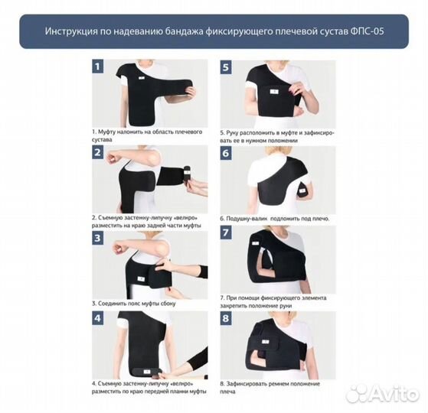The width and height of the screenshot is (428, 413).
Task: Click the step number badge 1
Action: (98, 67)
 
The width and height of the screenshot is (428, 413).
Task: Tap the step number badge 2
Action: (98, 152)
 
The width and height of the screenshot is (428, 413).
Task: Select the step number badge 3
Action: (98, 238)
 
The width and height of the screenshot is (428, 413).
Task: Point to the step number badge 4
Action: (98, 318)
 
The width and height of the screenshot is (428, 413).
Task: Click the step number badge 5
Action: (226, 67)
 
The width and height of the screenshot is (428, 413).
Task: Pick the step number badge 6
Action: (226, 153)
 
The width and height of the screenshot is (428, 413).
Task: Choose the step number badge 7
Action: (226, 233)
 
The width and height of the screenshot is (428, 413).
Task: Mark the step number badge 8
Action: (226, 318)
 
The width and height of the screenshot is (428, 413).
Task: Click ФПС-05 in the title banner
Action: (367, 31)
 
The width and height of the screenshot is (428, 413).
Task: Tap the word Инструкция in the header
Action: (70, 31)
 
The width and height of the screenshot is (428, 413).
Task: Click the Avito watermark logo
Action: (382, 394)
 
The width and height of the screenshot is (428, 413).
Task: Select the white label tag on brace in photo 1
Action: (141, 78)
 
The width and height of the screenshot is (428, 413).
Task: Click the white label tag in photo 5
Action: (274, 92)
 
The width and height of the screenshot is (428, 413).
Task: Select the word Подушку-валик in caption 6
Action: (247, 219)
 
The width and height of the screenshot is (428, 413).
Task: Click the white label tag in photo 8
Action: (264, 342)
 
